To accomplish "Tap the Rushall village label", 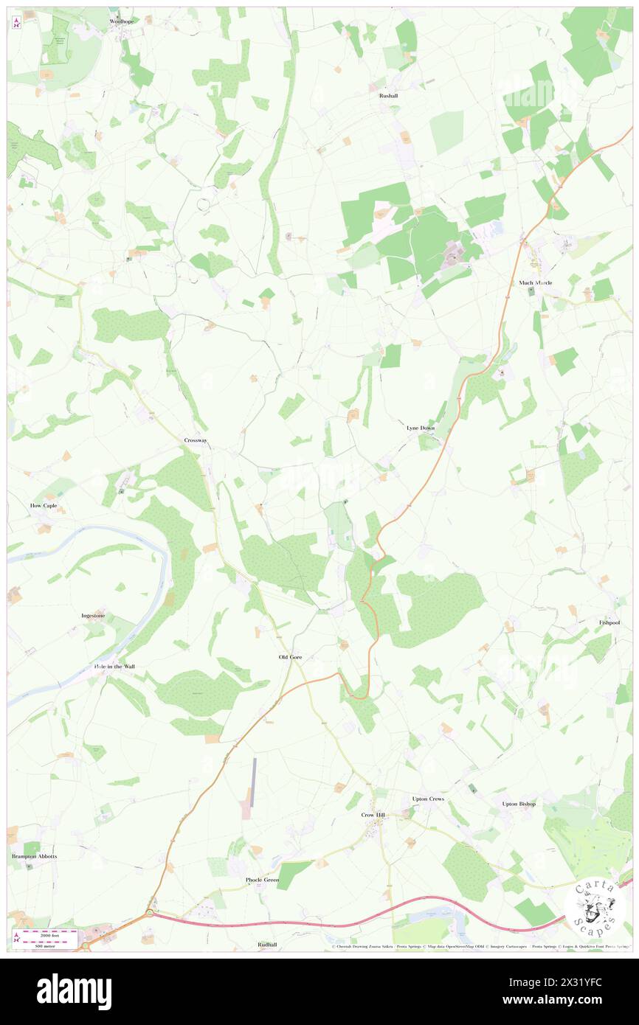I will pos(388,96).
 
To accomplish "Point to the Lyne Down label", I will pos(421,428).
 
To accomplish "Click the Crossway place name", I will pos(196,440).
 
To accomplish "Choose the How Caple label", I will pos(44,506).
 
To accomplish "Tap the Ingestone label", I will pos(93,615).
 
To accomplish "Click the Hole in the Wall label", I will pos(114,667).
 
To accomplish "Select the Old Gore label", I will pos(290,657).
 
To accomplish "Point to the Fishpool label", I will pos(609,622).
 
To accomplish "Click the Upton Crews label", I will pos(427,799).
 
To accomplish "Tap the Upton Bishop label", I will pos(519,804).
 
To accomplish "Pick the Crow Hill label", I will pos(373,815).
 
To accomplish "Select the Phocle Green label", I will pos(262,880).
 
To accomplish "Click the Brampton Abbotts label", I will pos(34,856).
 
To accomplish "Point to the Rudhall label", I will pos(267,945).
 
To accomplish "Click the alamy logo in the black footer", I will pos(75,991).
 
